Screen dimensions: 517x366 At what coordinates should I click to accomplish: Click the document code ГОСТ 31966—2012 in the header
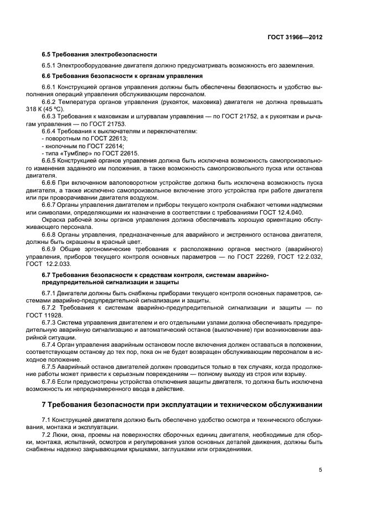(296, 37)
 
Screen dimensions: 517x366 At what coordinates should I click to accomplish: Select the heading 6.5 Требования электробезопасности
(99, 54)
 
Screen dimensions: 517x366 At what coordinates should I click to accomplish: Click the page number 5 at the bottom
(321, 470)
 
